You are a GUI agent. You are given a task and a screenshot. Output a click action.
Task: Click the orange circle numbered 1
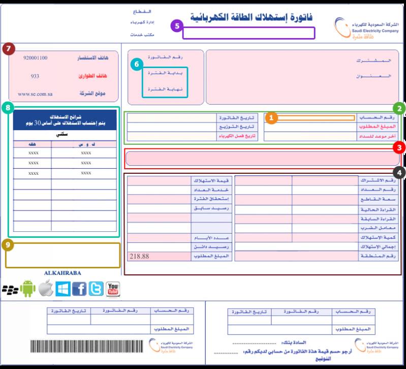tap(272, 118)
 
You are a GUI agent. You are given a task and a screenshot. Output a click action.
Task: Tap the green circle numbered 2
tap(400, 108)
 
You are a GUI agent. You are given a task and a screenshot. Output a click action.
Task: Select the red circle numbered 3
tap(400, 147)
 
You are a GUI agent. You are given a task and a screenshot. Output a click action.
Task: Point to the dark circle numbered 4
tap(400, 173)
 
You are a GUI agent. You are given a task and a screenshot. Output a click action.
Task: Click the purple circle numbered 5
tap(176, 25)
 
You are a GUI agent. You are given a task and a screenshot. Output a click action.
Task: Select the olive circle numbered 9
tap(8, 245)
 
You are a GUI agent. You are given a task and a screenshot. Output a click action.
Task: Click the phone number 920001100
tap(35, 58)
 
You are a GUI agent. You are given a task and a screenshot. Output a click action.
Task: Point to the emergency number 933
tap(35, 76)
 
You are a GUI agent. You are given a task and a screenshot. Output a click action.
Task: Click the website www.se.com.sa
tap(35, 94)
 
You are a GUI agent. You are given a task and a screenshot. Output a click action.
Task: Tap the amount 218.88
tap(139, 257)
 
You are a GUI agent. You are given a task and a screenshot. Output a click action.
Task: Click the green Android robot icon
tap(28, 289)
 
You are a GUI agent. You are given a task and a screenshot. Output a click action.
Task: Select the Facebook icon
tap(79, 289)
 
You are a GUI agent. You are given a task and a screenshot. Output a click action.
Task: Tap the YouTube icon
tap(112, 289)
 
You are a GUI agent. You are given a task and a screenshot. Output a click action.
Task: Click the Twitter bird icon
tap(96, 289)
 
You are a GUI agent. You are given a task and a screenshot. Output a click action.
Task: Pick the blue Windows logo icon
tap(63, 289)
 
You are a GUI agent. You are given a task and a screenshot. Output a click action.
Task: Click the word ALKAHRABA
tap(63, 273)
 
